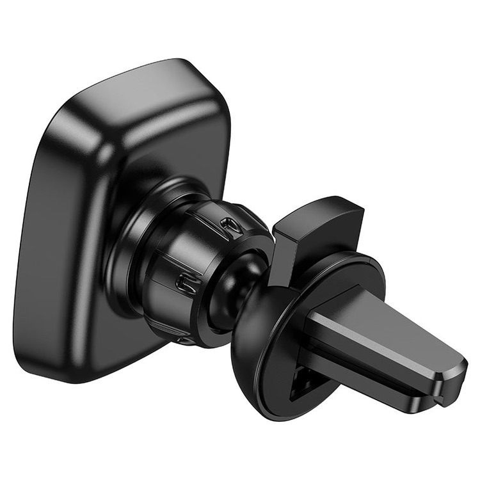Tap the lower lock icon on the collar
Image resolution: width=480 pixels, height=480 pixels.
[x=184, y=282]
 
